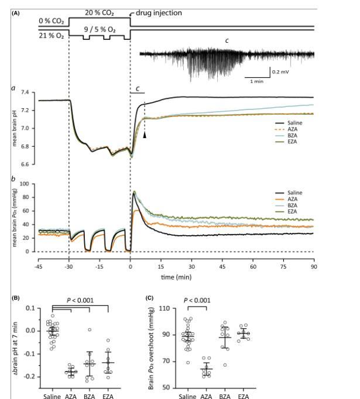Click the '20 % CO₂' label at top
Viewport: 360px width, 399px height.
click(x=99, y=13)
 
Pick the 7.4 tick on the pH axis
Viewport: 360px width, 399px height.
click(x=26, y=93)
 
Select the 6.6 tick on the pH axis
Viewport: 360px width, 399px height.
click(x=26, y=165)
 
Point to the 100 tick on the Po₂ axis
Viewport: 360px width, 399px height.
click(x=25, y=184)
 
